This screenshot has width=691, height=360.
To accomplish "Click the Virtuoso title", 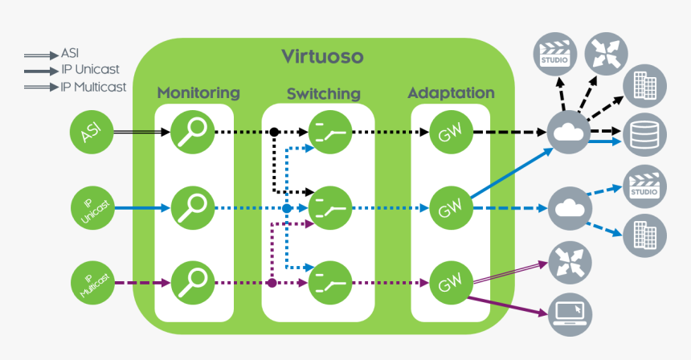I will tap(322, 56).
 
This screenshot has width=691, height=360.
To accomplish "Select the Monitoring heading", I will tap(198, 92).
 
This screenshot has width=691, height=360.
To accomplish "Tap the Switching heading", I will tap(323, 94).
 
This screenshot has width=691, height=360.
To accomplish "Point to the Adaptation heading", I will tap(451, 92).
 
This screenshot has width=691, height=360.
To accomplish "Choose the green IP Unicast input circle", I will tap(92, 209).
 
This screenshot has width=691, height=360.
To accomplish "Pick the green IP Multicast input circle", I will tap(92, 283).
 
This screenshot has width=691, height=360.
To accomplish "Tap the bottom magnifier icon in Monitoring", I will tap(193, 282).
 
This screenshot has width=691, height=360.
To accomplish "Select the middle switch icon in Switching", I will tap(330, 209).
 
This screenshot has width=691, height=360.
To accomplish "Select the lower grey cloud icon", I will tap(569, 209).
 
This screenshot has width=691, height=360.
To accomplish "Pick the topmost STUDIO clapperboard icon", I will tap(554, 54).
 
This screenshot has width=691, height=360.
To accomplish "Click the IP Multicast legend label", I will tap(93, 87).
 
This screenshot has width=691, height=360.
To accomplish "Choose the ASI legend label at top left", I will tap(70, 54).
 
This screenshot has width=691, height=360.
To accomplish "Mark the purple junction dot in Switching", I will tap(272, 283).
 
